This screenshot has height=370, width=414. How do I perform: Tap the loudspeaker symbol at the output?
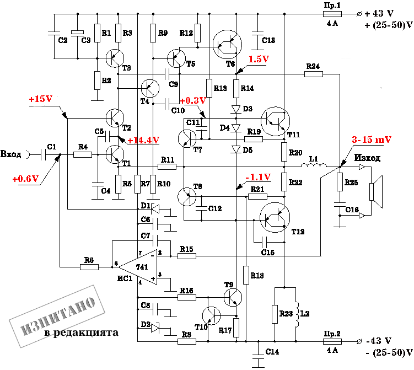376,192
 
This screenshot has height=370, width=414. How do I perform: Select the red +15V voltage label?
41,99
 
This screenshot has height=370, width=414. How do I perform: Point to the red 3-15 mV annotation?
371,139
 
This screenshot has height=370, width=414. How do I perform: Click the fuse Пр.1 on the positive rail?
332,14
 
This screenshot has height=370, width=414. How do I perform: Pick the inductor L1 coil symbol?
314,165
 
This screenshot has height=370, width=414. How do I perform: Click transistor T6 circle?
227,44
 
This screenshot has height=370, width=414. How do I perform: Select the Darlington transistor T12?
275,218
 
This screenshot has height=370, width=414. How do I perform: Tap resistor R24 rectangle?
314,74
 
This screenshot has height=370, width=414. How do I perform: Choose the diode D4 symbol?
236,128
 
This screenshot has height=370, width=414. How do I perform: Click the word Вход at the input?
10,154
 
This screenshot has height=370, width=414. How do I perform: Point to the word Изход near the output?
367,158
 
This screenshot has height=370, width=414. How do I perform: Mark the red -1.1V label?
258,177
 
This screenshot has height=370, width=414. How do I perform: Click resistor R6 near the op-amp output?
89,267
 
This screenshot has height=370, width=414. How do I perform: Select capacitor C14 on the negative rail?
258,354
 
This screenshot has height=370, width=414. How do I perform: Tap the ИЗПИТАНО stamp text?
58,315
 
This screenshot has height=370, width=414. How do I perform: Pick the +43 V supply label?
379,13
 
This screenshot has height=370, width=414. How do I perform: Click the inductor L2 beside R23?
297,314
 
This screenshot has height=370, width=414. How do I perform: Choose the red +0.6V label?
25,179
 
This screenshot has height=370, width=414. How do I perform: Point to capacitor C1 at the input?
44,154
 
